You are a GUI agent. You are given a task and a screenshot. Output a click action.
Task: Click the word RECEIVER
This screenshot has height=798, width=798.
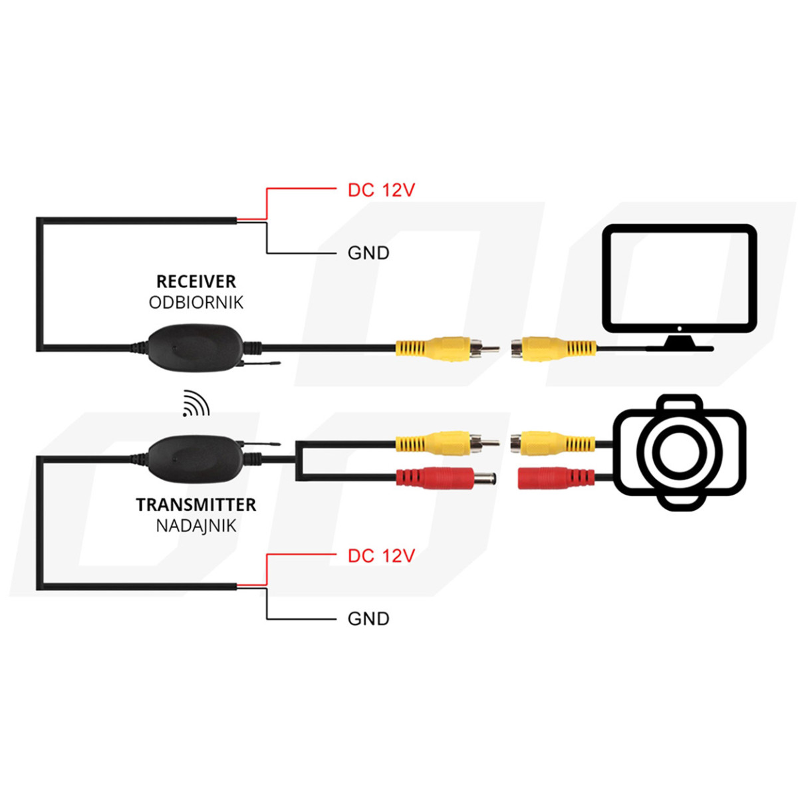[196, 281]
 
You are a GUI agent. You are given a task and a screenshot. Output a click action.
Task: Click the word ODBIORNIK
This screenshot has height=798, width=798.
[196, 303]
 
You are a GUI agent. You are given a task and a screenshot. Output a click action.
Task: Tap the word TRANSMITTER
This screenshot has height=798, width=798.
[196, 505]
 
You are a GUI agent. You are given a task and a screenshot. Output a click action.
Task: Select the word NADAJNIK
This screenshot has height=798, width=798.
[196, 526]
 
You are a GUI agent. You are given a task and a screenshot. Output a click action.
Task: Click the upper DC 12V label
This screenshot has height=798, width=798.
[381, 190]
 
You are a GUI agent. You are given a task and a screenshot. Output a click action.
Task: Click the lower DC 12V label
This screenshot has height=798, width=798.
[381, 556]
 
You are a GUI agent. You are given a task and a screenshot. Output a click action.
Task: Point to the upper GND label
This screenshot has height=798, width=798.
[368, 253]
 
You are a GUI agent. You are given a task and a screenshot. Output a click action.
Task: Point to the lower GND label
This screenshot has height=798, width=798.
[368, 618]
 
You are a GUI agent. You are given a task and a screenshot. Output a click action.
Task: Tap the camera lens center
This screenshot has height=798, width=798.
[679, 452]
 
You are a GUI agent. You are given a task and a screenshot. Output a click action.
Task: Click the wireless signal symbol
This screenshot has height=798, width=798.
[196, 404]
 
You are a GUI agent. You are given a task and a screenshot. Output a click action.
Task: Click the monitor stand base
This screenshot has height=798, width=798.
[679, 343]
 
